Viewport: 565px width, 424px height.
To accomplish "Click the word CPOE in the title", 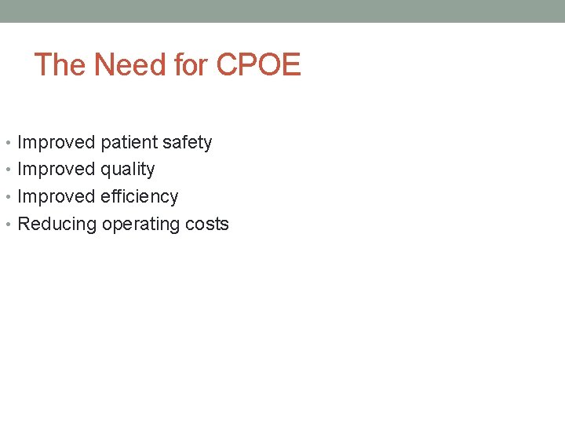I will pos(258,65).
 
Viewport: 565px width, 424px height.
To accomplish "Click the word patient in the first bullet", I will pos(129,143).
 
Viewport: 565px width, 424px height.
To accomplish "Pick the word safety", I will pos(187,143).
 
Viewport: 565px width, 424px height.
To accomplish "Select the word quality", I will pos(128,170).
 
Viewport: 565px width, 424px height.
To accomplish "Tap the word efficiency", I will pos(140,196).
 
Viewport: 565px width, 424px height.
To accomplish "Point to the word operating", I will pos(140,225).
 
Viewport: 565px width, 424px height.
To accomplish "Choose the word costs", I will pos(207,225).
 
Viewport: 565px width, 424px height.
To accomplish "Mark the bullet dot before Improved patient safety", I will pos(8,144).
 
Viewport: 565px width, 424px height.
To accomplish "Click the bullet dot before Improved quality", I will pos(8,170).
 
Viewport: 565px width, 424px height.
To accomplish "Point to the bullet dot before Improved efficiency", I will pos(8,197).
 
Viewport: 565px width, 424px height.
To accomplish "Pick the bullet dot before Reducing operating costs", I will pos(8,225).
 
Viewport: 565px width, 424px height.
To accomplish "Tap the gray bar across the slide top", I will pos(282,11).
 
